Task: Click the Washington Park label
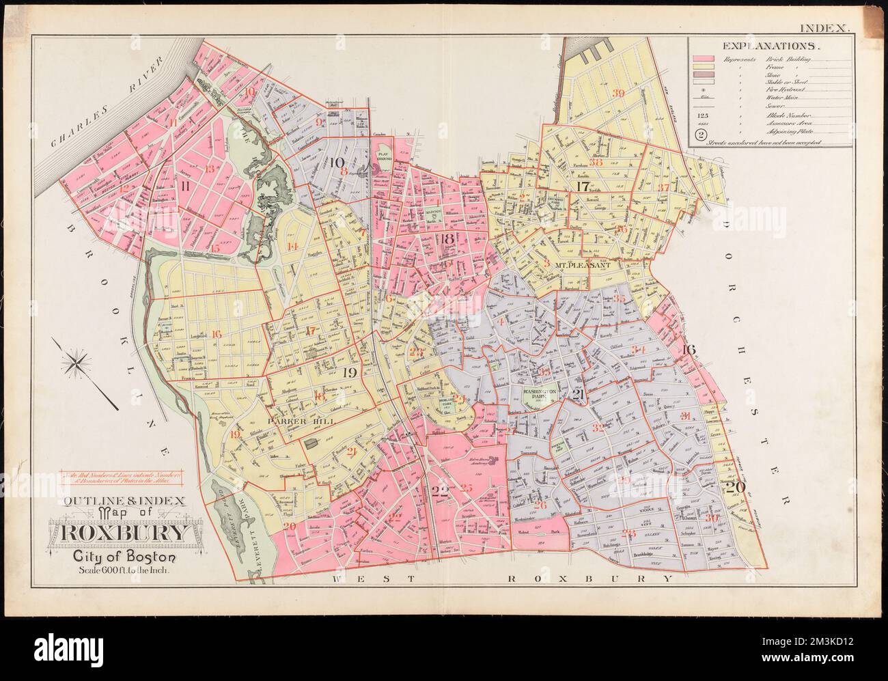[x=535, y=394]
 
